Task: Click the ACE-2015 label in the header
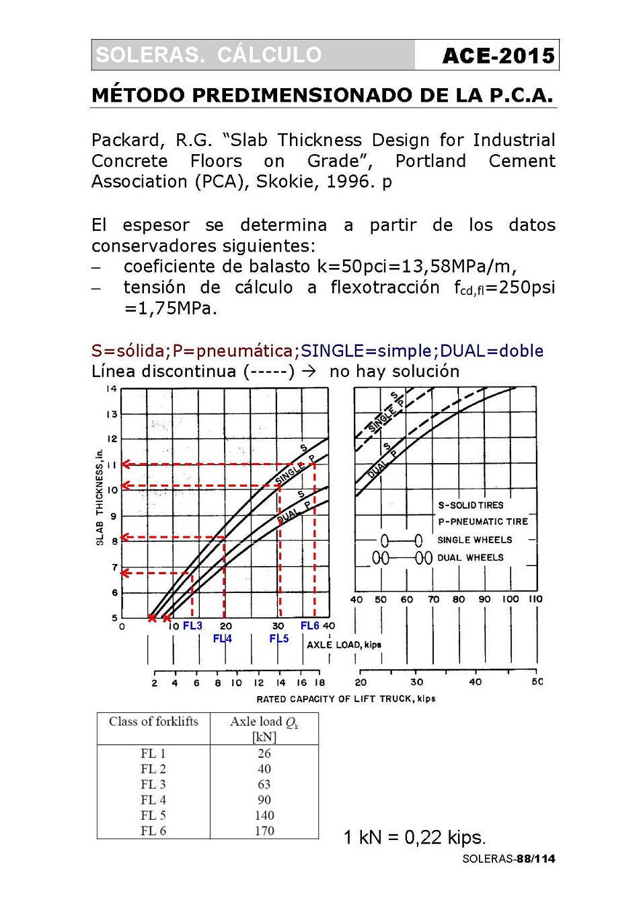(x=498, y=56)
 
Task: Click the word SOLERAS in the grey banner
(x=149, y=55)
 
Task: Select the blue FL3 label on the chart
(x=192, y=626)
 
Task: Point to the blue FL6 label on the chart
(x=309, y=626)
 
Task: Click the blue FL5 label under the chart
(x=278, y=639)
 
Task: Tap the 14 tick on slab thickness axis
(x=112, y=389)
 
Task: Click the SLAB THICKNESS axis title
(x=100, y=497)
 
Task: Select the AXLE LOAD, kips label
(x=344, y=645)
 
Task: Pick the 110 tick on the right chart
(x=535, y=599)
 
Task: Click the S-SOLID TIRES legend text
(x=471, y=506)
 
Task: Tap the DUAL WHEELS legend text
(x=470, y=558)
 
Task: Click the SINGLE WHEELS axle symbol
(x=402, y=541)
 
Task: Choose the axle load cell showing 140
(x=264, y=815)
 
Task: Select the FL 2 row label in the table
(x=153, y=769)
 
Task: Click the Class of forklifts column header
(x=153, y=722)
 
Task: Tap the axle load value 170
(x=264, y=831)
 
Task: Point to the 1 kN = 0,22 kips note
(x=414, y=837)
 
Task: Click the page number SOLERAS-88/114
(x=509, y=859)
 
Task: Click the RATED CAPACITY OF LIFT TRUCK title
(x=346, y=699)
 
